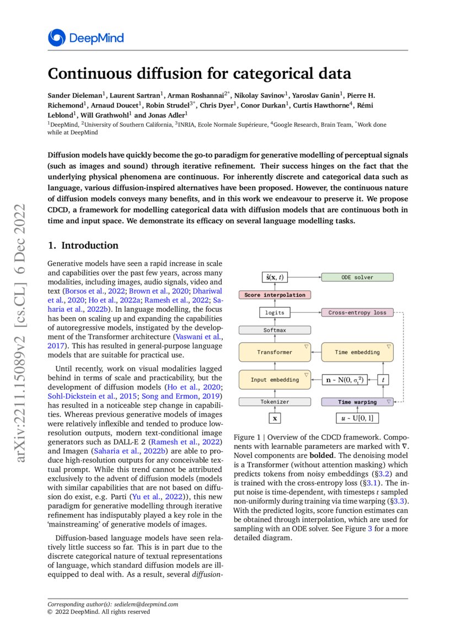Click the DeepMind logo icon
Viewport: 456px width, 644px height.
click(x=56, y=38)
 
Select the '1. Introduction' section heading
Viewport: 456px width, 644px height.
click(x=83, y=246)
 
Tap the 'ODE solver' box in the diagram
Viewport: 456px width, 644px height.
click(x=357, y=278)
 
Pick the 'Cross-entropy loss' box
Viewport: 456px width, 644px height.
click(x=357, y=312)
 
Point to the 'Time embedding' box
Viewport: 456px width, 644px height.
click(x=357, y=352)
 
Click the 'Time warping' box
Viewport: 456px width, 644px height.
click(x=357, y=402)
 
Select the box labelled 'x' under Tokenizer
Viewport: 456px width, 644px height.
click(x=275, y=419)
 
